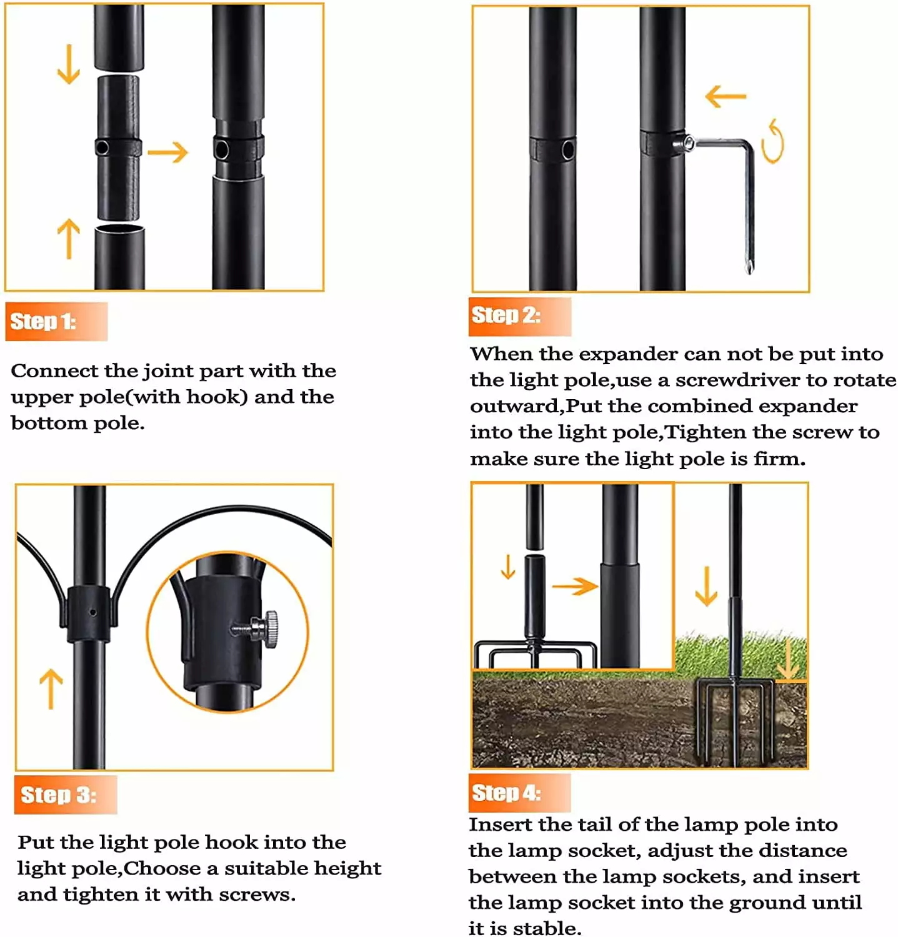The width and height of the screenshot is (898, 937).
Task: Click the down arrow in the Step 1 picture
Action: pyautogui.click(x=69, y=64)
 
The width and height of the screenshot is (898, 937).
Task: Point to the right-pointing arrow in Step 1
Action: pyautogui.click(x=168, y=152)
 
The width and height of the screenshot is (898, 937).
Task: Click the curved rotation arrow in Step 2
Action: pyautogui.click(x=773, y=141)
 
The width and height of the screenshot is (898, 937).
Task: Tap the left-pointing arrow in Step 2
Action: pyautogui.click(x=726, y=96)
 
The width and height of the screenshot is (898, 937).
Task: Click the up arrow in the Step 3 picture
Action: pyautogui.click(x=51, y=689)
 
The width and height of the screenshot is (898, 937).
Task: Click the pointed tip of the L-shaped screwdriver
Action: pyautogui.click(x=749, y=269)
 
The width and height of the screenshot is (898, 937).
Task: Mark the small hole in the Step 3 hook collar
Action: pyautogui.click(x=92, y=612)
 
